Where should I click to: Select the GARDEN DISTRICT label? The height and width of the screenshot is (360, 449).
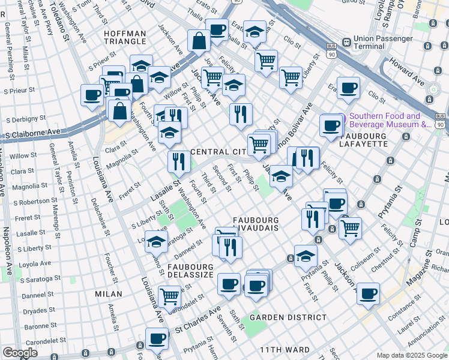[288, 317]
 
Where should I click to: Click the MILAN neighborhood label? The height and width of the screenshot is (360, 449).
[109, 294]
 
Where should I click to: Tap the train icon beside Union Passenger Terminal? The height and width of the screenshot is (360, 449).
[346, 43]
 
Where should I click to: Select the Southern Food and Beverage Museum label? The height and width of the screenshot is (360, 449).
[384, 121]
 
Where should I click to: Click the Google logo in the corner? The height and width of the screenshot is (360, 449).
[20, 353]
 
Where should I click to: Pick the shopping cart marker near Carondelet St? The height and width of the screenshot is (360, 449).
[169, 295]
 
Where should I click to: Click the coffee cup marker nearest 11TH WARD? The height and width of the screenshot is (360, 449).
[157, 338]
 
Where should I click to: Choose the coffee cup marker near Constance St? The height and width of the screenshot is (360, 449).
[368, 293]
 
